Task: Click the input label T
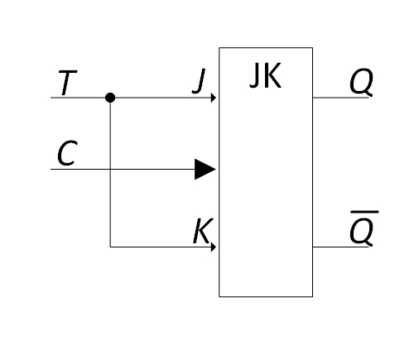coord(68,83)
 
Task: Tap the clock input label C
coord(67,153)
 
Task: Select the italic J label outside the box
coord(199,81)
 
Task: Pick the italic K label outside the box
coord(203,231)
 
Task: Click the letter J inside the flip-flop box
coord(254,75)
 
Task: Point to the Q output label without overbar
coord(361,82)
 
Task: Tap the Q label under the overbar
coord(361,231)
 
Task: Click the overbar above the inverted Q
coord(364,212)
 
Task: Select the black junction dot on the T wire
coord(110,98)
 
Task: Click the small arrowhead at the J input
coord(214,98)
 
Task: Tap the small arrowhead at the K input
coord(214,247)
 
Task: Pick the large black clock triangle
coord(205,169)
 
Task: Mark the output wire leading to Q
coord(340,98)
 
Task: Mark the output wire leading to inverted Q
coord(340,247)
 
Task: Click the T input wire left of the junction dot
coord(78,98)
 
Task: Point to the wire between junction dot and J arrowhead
coord(163,98)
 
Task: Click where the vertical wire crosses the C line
coord(110,169)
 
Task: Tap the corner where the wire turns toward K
coord(110,247)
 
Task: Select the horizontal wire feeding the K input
coord(161,247)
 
